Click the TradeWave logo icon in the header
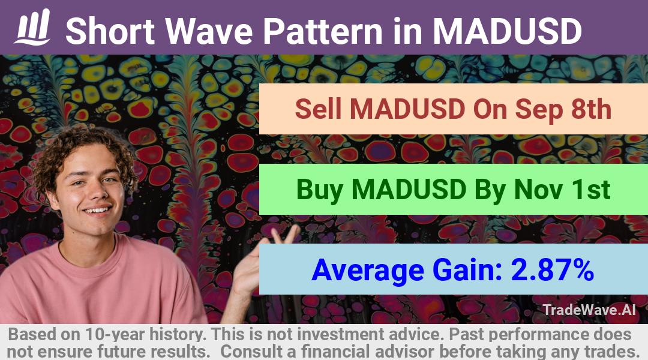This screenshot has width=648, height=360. pos(32,27)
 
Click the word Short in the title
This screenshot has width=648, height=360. pos(110,31)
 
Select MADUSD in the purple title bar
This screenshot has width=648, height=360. pos(507,31)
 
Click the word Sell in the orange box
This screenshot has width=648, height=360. pos(319,109)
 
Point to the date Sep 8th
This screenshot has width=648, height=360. pos(563,109)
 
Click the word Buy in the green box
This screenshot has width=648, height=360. pos(319,190)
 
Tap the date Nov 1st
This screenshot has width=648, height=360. pos(562,189)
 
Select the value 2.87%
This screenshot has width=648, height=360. pos(553,269)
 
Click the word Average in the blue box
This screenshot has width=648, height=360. pos(368,271)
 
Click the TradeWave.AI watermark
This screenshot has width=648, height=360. pos(589,310)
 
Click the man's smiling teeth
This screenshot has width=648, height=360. pos(97,211)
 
